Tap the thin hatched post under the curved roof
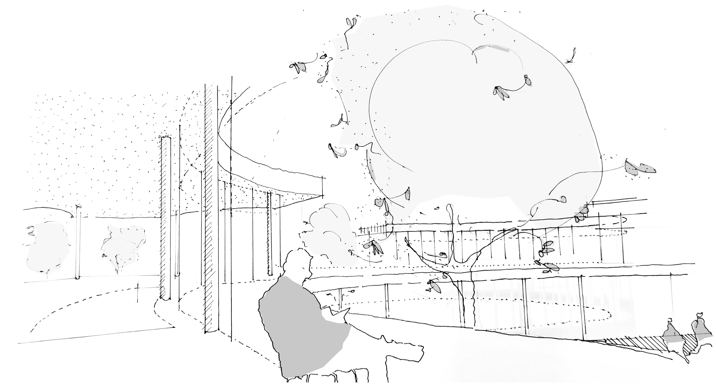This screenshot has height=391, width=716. tap(269, 233)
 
